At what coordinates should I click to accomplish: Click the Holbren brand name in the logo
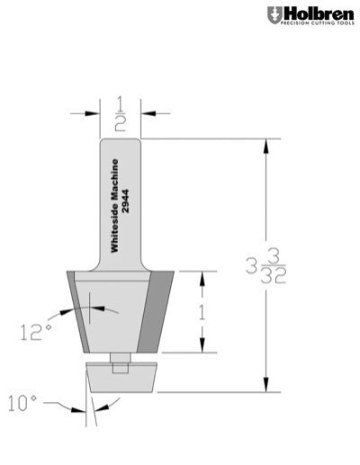click(315, 13)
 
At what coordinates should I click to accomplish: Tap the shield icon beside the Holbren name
click(274, 15)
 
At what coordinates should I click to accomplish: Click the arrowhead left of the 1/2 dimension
click(93, 113)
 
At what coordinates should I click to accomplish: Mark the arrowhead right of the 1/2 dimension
click(147, 113)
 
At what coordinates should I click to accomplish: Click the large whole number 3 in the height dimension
click(250, 266)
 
